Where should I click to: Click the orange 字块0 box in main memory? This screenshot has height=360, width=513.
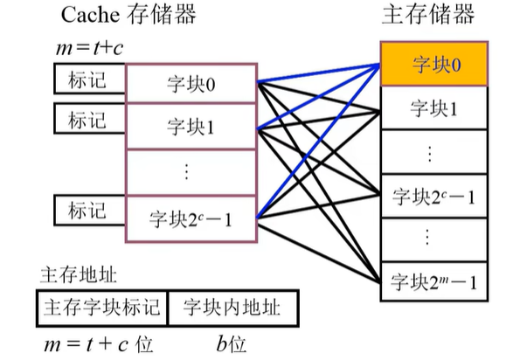coord(433,64)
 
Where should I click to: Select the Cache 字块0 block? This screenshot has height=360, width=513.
coord(191,83)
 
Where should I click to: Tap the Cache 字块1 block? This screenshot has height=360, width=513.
coord(191,126)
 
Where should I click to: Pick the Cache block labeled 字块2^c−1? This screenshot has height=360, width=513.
coord(191,219)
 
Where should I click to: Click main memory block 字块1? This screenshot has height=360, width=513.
coord(433,107)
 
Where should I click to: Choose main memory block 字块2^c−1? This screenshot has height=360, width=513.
coord(433,197)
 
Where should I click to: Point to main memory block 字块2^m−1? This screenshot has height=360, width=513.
coord(433,282)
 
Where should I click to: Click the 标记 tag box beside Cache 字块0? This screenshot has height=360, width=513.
coord(90,79)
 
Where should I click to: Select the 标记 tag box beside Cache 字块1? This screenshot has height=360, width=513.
coord(90,118)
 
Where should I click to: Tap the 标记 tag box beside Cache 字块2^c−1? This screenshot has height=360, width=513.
coord(90,211)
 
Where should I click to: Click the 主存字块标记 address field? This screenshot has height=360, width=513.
coord(101,308)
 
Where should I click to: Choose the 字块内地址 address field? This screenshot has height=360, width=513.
coord(233,308)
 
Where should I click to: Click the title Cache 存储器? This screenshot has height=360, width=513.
coord(128,15)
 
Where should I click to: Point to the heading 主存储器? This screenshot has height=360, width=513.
coord(428,14)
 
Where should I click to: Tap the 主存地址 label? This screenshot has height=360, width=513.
coord(78,274)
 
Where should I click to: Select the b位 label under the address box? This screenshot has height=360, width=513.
coord(231,344)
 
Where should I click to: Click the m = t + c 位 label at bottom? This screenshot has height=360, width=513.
coord(99,344)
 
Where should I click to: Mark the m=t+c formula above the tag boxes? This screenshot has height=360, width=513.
coord(90,48)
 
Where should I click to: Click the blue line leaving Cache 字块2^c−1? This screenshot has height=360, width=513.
coord(318,141)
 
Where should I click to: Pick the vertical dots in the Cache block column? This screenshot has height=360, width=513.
coord(186,172)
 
